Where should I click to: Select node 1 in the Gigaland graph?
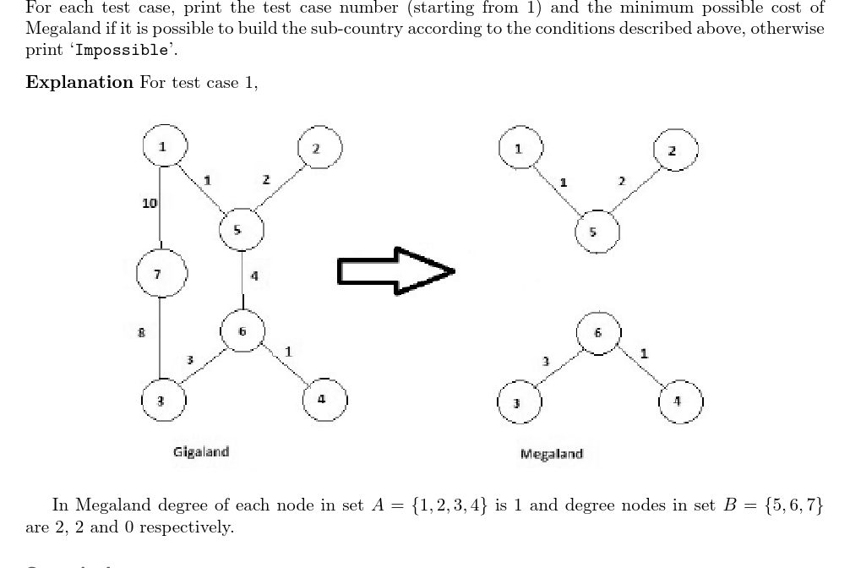pyautogui.click(x=163, y=146)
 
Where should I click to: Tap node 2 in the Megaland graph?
pyautogui.click(x=673, y=150)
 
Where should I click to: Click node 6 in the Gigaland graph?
pyautogui.click(x=242, y=330)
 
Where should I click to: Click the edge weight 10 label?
pyautogui.click(x=150, y=203)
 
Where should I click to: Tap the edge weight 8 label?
pyautogui.click(x=142, y=333)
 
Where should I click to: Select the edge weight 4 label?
pyautogui.click(x=254, y=276)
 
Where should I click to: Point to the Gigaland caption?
pyautogui.click(x=201, y=451)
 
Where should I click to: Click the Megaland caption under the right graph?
pyautogui.click(x=552, y=454)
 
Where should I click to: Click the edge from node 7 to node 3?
pyautogui.click(x=161, y=338)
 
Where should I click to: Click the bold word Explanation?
pyautogui.click(x=80, y=83)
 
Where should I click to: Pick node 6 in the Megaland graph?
pyautogui.click(x=599, y=332)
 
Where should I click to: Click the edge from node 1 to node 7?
pyautogui.click(x=161, y=211)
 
